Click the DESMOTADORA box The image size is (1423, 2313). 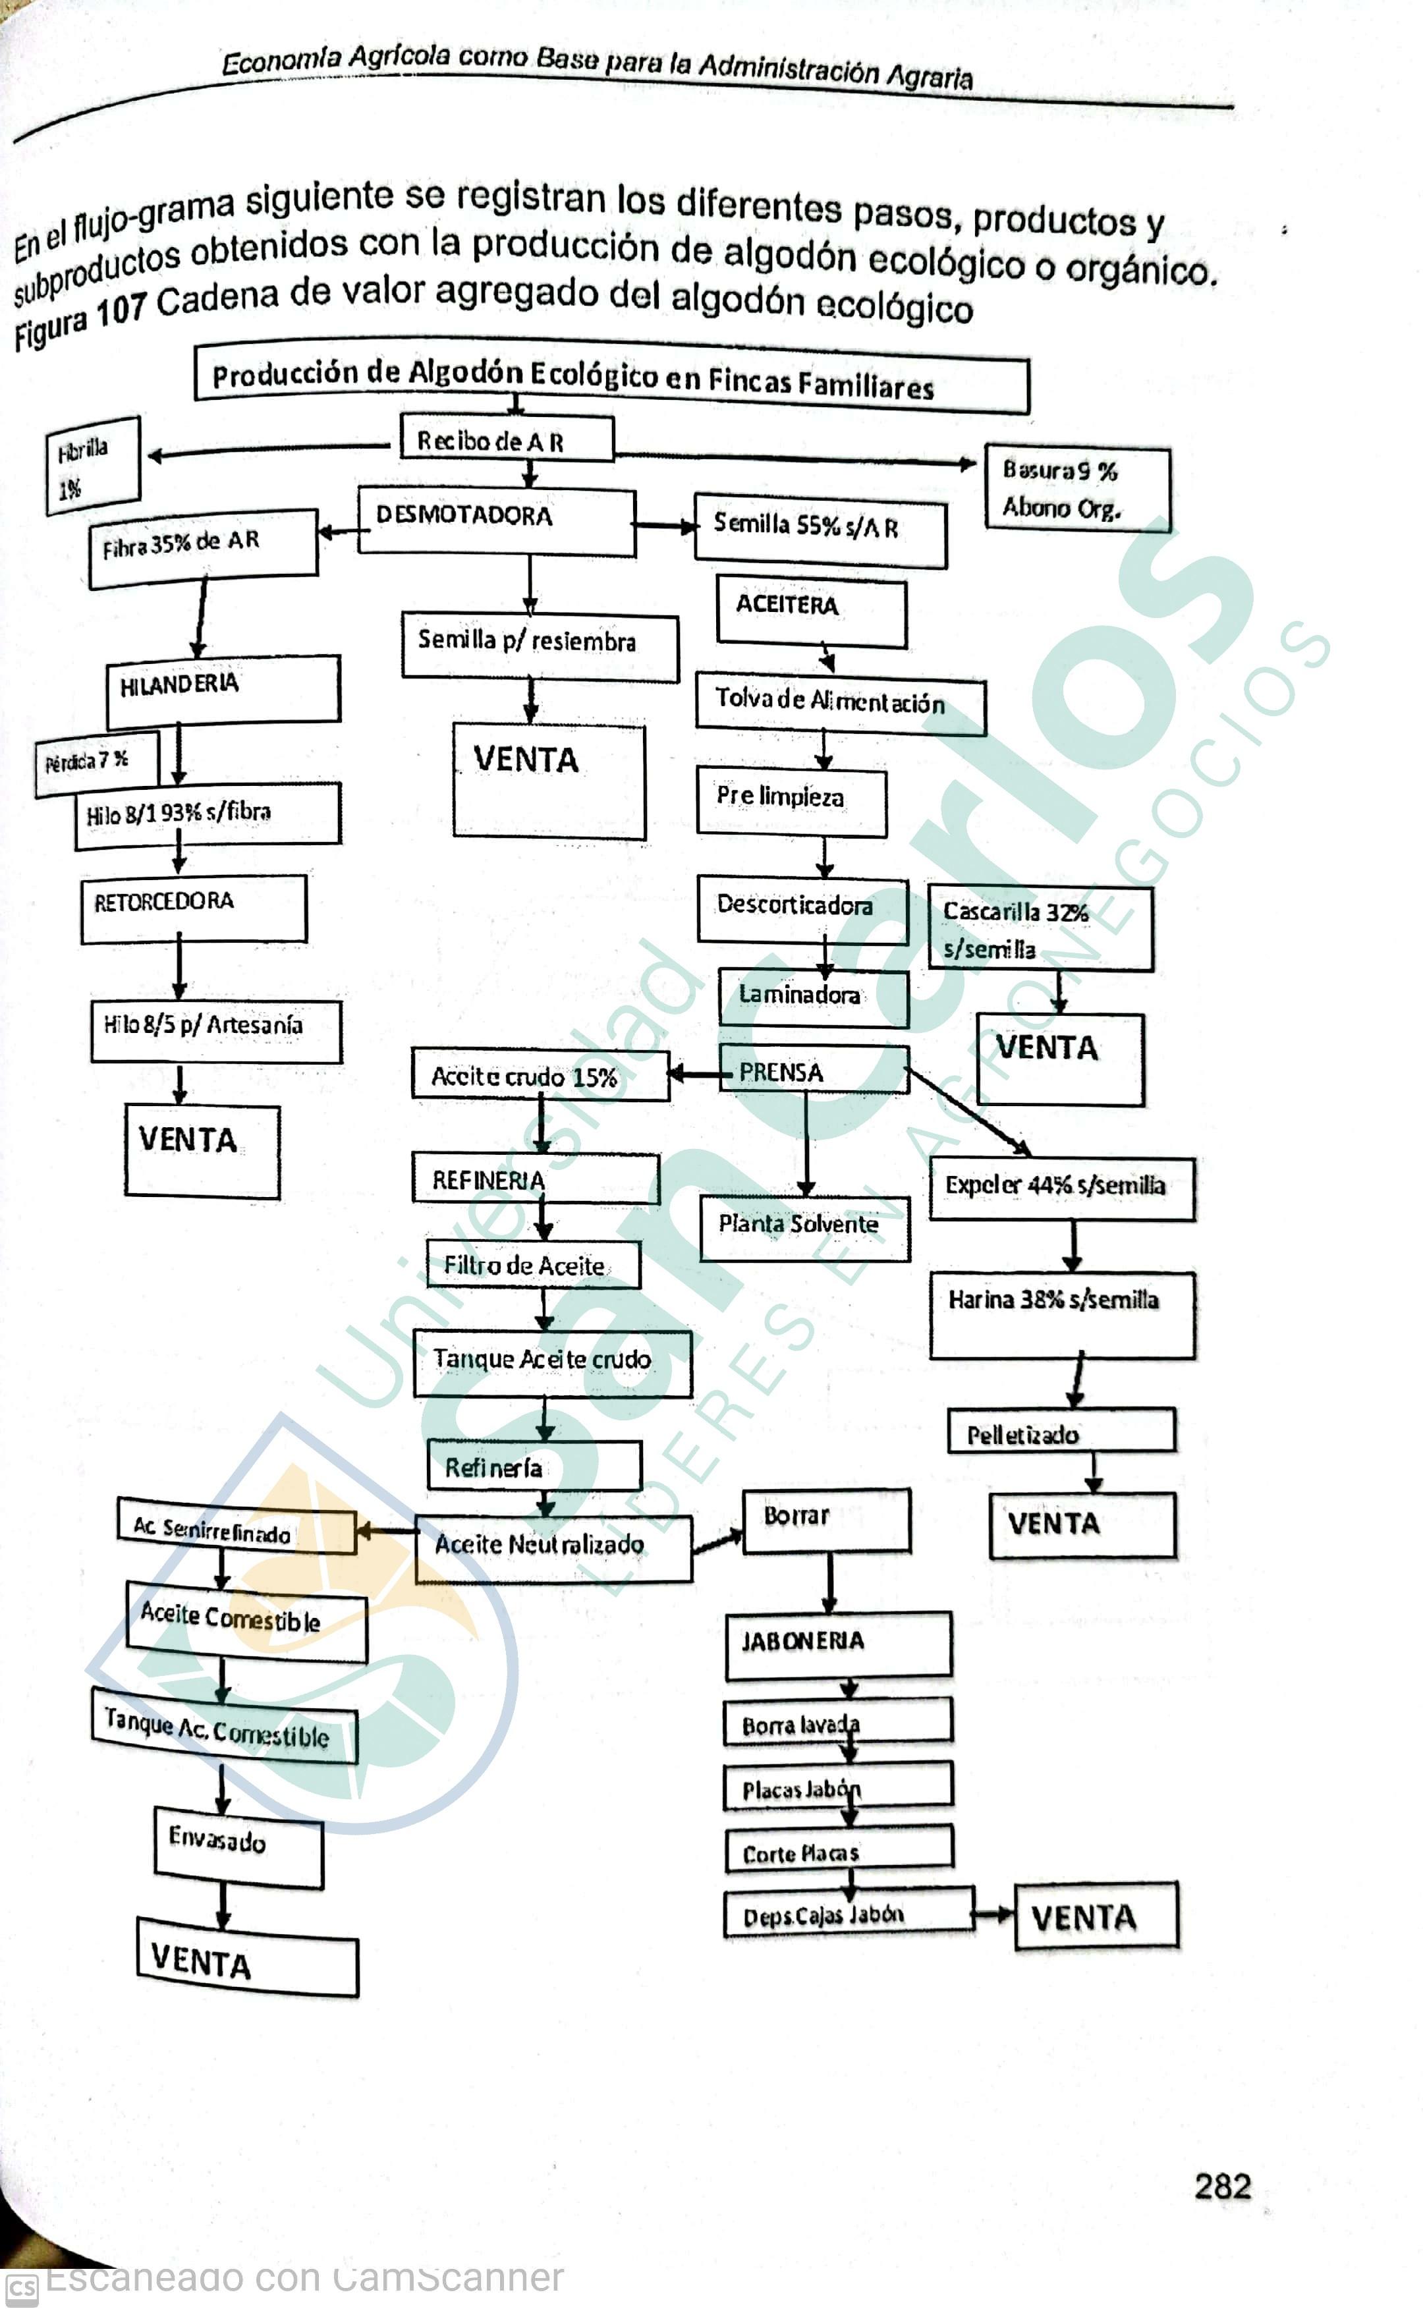(x=496, y=520)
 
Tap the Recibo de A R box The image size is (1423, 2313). (x=507, y=439)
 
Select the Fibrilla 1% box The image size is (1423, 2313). (x=92, y=465)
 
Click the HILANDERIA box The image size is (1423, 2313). (x=223, y=690)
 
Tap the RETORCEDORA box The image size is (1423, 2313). (x=193, y=907)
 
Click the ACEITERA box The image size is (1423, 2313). (x=811, y=611)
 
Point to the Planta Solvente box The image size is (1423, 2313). (x=804, y=1227)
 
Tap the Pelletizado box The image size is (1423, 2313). (x=1061, y=1432)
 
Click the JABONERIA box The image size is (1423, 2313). (x=837, y=1643)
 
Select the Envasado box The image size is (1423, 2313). (x=238, y=1845)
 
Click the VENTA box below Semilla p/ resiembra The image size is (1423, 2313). (x=549, y=779)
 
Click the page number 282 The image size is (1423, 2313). (x=1221, y=2185)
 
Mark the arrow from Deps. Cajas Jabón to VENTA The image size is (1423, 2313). (x=993, y=1913)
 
